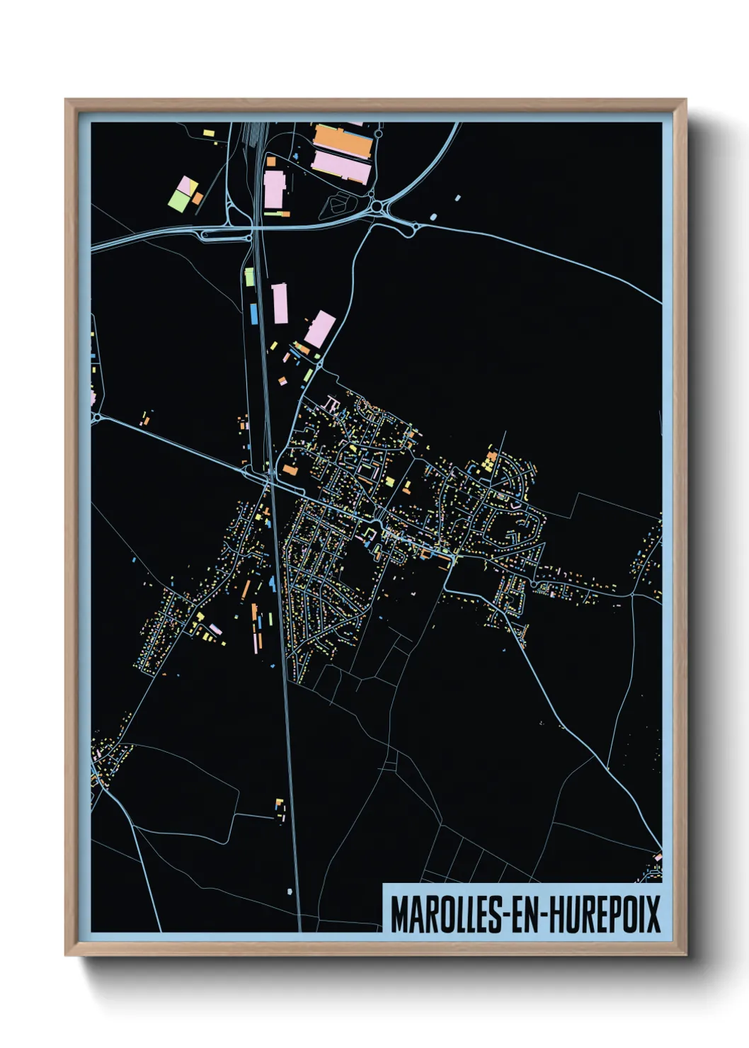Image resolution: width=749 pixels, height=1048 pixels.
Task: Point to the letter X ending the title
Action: pos(652,914)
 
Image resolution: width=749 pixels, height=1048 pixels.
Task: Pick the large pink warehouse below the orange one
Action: pos(341,167)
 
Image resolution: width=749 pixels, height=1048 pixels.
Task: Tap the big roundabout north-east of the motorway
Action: pos(377,207)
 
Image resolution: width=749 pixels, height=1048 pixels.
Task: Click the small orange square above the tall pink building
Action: pos(270,162)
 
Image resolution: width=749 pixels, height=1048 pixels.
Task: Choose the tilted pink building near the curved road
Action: pos(319,329)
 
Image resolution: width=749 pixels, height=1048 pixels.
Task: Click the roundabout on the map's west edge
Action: pos(96,418)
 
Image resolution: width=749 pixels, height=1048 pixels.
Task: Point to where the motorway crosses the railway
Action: pos(256,227)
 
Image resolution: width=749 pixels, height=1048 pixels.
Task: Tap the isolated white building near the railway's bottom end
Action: pos(290,892)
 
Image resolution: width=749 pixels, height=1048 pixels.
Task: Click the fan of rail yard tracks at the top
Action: pos(252,133)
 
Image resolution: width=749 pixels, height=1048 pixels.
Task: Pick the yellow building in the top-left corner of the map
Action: pos(207,132)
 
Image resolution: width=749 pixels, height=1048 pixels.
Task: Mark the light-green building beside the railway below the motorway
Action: pos(249,277)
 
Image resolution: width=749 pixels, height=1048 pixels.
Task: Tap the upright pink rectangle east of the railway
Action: pos(280,303)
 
